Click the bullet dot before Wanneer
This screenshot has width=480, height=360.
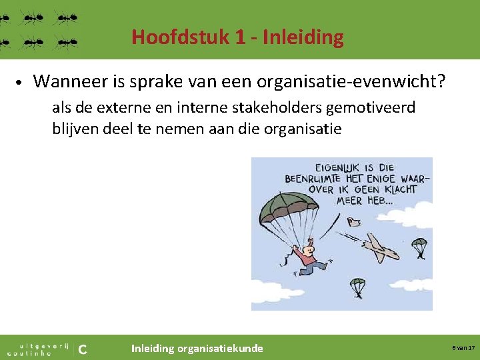(x=21, y=83)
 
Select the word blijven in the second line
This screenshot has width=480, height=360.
(x=75, y=129)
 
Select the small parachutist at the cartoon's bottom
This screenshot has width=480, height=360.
(x=358, y=287)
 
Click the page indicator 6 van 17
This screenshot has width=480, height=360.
(x=463, y=348)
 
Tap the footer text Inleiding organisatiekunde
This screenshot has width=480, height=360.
(x=197, y=348)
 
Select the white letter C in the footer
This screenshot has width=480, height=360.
(x=83, y=348)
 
